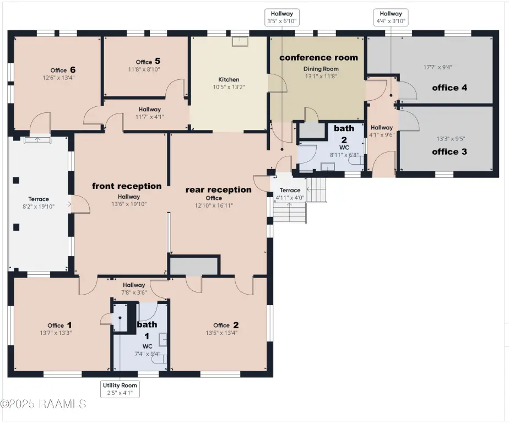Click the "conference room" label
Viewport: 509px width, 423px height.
[318, 57]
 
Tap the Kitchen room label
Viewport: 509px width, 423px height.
[229, 79]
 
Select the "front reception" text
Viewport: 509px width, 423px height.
[127, 186]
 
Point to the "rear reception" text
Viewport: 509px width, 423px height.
[219, 189]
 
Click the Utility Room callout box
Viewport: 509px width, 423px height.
[120, 389]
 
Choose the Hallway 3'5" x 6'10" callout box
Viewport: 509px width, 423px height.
[282, 18]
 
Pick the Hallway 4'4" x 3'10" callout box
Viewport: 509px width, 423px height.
[391, 18]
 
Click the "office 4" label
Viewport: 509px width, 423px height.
[450, 88]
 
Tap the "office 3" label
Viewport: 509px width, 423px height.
[450, 151]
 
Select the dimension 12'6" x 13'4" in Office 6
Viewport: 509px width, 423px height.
[59, 78]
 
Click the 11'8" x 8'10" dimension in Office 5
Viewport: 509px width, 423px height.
[144, 69]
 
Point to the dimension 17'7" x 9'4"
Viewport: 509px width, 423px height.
[438, 67]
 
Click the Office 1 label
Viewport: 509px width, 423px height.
[59, 326]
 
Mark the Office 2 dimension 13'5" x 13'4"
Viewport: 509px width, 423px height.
[221, 333]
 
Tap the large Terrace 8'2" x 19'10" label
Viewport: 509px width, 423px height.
[39, 203]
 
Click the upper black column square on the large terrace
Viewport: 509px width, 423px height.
[16, 180]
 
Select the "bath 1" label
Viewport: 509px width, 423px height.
[147, 330]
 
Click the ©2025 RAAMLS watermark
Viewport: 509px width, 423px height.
[43, 404]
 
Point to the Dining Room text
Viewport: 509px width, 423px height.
[321, 69]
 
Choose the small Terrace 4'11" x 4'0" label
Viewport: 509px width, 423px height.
[290, 194]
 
